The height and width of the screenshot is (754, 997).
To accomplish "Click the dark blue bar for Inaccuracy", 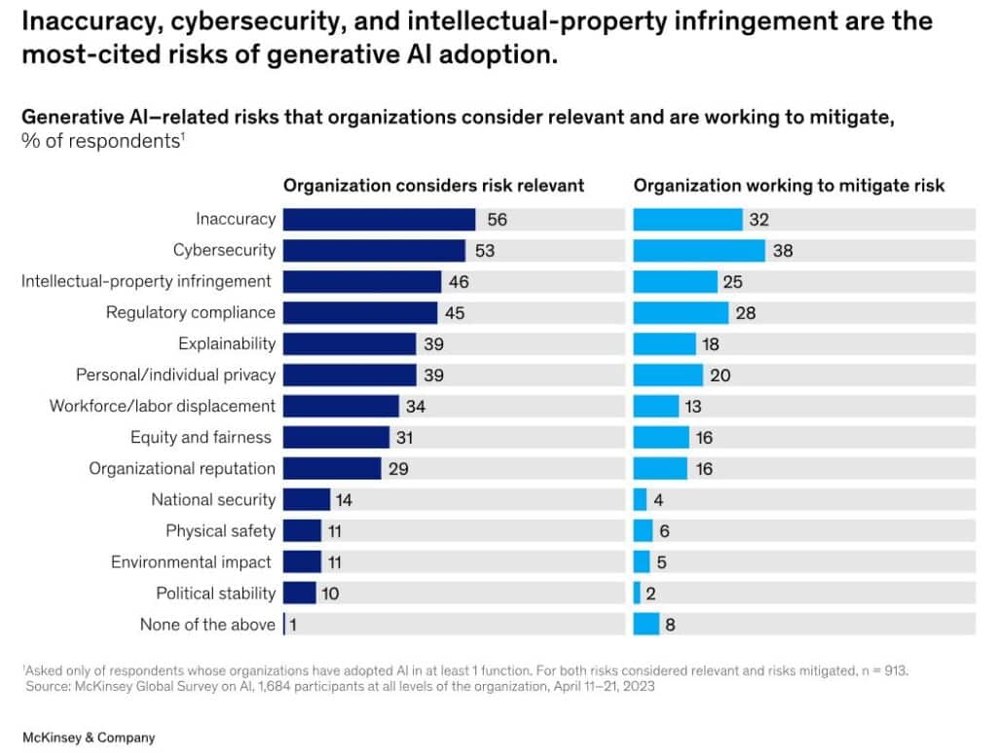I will coord(379,219).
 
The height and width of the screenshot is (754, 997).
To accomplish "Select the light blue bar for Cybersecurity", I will coord(699,250).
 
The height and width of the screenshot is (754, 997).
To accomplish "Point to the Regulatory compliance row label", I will coord(191,313).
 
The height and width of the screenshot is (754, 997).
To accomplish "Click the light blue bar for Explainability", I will coord(664,343).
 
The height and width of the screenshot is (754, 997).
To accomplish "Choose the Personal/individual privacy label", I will coord(176,375).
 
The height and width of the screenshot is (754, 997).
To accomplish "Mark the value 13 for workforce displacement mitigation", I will coord(692,406).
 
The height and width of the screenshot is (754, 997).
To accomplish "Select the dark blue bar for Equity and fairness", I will coord(337,437).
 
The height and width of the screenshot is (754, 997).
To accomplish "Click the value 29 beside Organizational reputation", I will coord(397,469).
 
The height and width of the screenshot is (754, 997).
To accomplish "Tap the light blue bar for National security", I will coord(640,500).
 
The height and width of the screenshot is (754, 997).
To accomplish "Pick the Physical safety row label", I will coord(221,531).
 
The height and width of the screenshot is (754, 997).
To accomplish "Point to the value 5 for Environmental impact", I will coord(661,562).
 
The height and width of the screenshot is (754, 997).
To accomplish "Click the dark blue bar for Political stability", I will coord(300,593).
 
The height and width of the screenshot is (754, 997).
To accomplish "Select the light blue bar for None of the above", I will coord(646,625).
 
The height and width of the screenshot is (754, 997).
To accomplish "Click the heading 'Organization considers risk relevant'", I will coord(433,185).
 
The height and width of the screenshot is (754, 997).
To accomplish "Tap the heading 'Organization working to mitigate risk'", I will coord(789,185).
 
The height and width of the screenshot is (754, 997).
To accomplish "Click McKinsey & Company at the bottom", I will coord(89,737).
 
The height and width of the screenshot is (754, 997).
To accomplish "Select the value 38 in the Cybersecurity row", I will coord(783,251).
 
